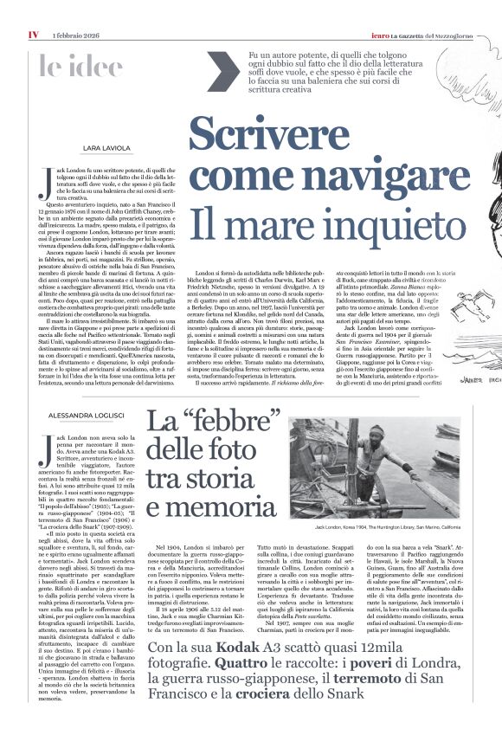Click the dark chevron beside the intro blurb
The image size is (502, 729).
[219, 71]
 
